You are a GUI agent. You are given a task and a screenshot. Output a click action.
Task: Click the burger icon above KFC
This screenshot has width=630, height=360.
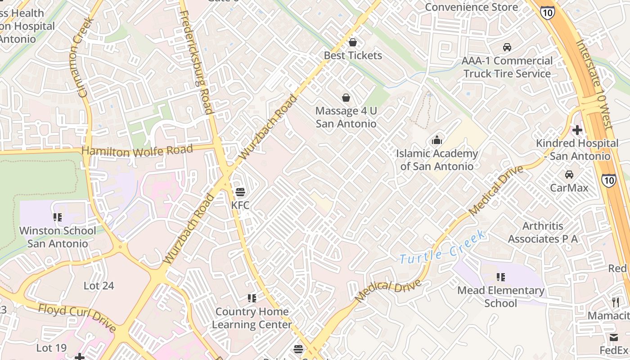pyautogui.click(x=240, y=192)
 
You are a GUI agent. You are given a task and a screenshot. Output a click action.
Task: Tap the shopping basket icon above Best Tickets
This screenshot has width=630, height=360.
pyautogui.click(x=353, y=42)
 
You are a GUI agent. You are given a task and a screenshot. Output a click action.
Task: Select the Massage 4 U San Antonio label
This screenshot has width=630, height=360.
pyautogui.click(x=346, y=117)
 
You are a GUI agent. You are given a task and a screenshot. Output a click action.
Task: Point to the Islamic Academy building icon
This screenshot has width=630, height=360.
pyautogui.click(x=436, y=140)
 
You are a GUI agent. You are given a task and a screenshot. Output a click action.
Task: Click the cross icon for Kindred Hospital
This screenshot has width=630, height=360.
pyautogui.click(x=577, y=130)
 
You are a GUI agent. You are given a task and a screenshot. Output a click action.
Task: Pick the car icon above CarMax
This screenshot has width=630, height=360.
pyautogui.click(x=569, y=174)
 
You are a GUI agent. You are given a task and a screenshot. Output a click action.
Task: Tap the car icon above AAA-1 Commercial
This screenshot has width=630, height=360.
pyautogui.click(x=507, y=47)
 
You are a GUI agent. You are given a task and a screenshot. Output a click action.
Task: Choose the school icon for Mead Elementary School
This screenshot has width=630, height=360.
pyautogui.click(x=500, y=277)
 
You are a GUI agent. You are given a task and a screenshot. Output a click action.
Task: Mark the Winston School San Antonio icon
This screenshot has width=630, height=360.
pyautogui.click(x=58, y=217)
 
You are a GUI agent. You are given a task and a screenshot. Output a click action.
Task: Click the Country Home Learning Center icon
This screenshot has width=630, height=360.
pyautogui.click(x=252, y=298)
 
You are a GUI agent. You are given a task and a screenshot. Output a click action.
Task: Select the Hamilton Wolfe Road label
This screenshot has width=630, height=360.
pyautogui.click(x=137, y=150)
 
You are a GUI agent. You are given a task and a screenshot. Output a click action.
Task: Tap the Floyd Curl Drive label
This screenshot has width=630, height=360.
pyautogui.click(x=77, y=318)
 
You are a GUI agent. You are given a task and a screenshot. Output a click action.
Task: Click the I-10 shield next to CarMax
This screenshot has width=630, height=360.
pyautogui.click(x=609, y=180)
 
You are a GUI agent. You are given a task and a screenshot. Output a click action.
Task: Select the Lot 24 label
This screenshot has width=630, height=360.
pyautogui.click(x=99, y=285)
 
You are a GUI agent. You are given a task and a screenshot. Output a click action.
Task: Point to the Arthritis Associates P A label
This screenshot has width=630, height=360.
pyautogui.click(x=543, y=232)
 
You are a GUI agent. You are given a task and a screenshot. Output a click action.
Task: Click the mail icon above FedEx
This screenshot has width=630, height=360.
pyautogui.click(x=614, y=337)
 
